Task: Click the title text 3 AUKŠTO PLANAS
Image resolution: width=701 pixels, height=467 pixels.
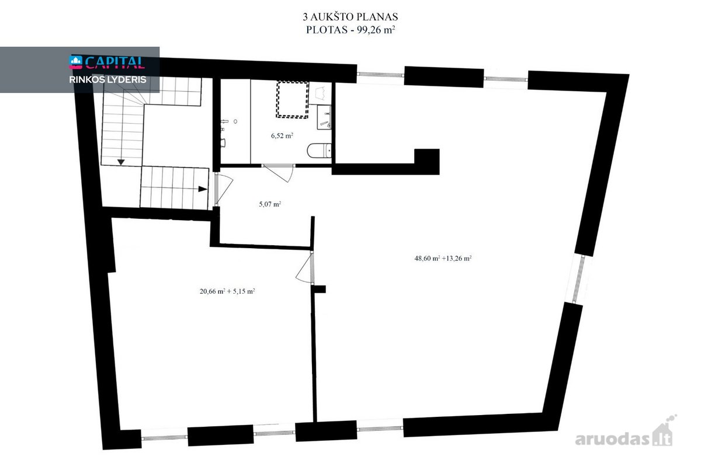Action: click(350, 16)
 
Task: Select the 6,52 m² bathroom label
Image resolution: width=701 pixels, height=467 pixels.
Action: click(282, 135)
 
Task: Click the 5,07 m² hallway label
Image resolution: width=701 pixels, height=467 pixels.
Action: click(270, 204)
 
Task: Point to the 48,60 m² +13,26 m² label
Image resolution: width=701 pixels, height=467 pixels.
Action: click(443, 259)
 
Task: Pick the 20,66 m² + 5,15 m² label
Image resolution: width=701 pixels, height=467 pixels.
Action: click(227, 291)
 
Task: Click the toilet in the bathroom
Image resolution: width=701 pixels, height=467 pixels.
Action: click(319, 151)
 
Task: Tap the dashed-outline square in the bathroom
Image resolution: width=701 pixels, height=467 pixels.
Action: click(292, 99)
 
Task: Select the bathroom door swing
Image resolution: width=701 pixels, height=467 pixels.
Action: click(279, 173)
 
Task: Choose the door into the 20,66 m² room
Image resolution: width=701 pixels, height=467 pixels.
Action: click(305, 267)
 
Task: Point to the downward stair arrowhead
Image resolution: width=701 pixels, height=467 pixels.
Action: click(121, 162)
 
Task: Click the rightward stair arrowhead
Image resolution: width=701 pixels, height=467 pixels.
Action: click(203, 189)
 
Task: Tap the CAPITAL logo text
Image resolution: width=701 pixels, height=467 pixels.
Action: click(115, 62)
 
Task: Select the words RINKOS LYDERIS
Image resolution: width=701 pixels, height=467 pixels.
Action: click(107, 80)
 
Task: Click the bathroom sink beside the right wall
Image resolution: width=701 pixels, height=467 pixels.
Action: click(325, 117)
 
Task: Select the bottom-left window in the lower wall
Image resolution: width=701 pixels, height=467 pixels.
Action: click(164, 438)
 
